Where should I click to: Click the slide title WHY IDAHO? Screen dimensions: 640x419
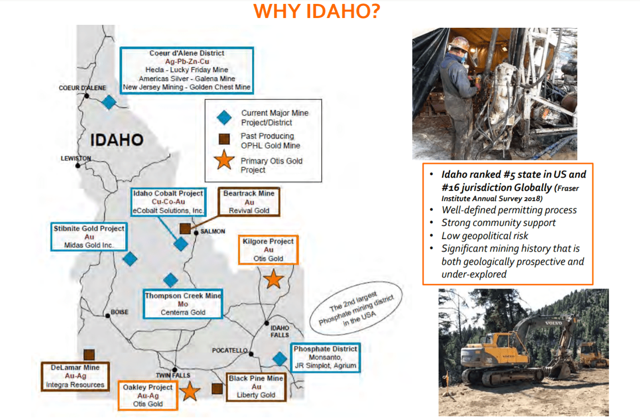click(316, 11)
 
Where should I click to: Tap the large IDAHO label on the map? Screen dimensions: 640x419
click(117, 140)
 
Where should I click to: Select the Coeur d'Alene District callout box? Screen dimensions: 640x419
click(187, 70)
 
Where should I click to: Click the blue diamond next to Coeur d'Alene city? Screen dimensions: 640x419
click(109, 102)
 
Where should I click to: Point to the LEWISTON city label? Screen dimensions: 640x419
click(76, 158)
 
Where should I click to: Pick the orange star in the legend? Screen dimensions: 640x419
click(224, 160)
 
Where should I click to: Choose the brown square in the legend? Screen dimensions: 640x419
click(224, 139)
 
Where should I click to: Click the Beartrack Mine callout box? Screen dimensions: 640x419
click(249, 202)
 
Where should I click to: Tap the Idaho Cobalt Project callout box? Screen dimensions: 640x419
click(168, 202)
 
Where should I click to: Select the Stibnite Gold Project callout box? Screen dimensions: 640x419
click(89, 237)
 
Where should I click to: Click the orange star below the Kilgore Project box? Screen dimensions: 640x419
click(274, 279)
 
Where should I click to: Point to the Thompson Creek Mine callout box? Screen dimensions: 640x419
click(183, 304)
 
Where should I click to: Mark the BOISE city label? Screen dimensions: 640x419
click(119, 312)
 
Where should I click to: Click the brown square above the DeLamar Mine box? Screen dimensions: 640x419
click(89, 354)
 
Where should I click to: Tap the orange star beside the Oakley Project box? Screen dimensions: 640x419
click(190, 391)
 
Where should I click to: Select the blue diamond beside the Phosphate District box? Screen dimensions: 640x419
click(280, 359)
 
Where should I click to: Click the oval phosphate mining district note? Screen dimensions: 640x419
click(356, 308)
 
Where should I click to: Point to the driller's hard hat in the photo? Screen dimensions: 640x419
click(459, 43)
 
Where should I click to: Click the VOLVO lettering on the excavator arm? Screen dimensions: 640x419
click(553, 323)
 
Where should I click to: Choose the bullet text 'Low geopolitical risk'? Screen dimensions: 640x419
click(485, 236)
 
